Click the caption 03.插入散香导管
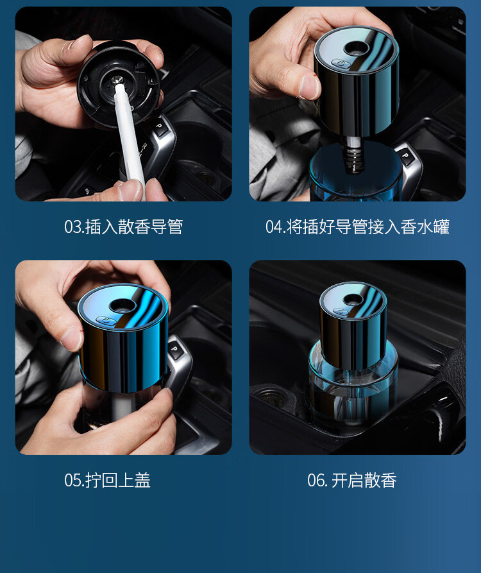[x=123, y=227]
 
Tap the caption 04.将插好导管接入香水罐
[x=357, y=227]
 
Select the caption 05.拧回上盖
[x=107, y=480]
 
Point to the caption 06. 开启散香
[x=351, y=480]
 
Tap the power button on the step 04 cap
[x=341, y=64]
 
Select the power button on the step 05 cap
[x=106, y=320]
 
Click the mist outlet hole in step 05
[x=122, y=305]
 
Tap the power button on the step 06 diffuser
[x=341, y=311]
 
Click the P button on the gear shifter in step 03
[x=159, y=125]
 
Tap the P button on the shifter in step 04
[x=405, y=155]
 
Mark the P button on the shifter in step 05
[x=174, y=348]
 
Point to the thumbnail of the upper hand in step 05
[x=71, y=338]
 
